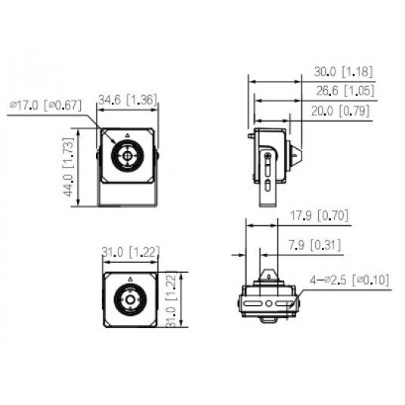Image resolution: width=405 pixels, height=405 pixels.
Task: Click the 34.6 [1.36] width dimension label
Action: (x=128, y=99)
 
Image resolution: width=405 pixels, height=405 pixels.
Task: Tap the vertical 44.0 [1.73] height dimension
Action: (x=70, y=167)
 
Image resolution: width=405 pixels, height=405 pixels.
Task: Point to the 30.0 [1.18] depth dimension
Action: (x=343, y=73)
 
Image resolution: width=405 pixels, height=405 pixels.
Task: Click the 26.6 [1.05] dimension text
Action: (x=343, y=91)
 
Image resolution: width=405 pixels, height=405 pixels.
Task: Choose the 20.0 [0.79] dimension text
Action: (x=343, y=111)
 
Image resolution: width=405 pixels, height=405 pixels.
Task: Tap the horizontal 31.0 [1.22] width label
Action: (x=128, y=252)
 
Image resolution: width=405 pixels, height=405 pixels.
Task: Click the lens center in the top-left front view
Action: (x=127, y=157)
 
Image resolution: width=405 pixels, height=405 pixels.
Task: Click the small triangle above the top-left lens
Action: (x=127, y=135)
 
